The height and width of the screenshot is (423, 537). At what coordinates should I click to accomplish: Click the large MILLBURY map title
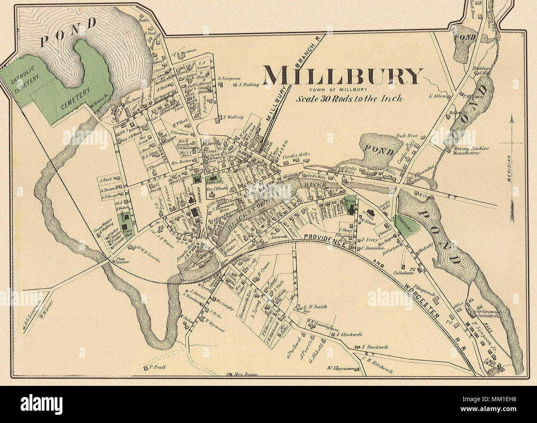[342, 77]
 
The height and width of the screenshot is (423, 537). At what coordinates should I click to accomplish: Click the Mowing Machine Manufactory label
[466, 151]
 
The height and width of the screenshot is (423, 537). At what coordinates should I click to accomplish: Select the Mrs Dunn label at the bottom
[246, 375]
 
